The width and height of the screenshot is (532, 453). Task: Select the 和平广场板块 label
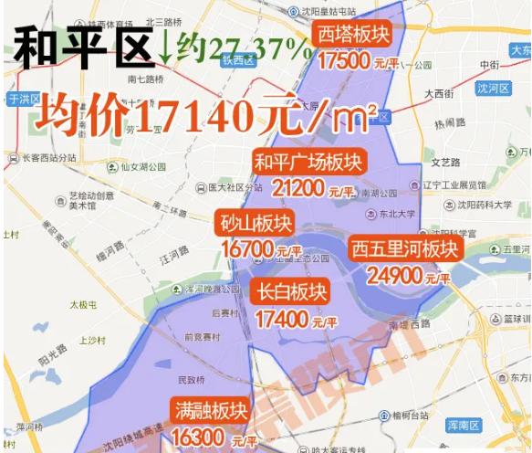tap(308, 163)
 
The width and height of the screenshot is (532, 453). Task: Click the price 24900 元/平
tap(407, 275)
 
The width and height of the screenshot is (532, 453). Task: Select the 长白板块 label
tap(290, 293)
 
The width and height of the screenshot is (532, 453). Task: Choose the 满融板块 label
tap(209, 411)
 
